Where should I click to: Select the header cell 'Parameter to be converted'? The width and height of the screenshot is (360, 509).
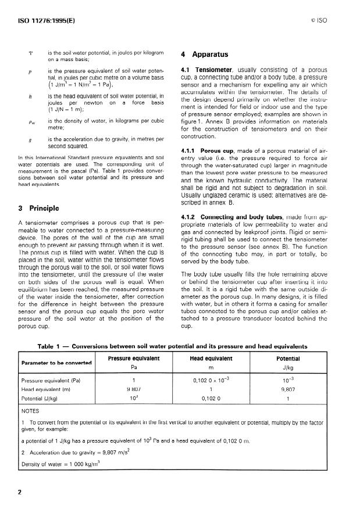click(56, 363)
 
